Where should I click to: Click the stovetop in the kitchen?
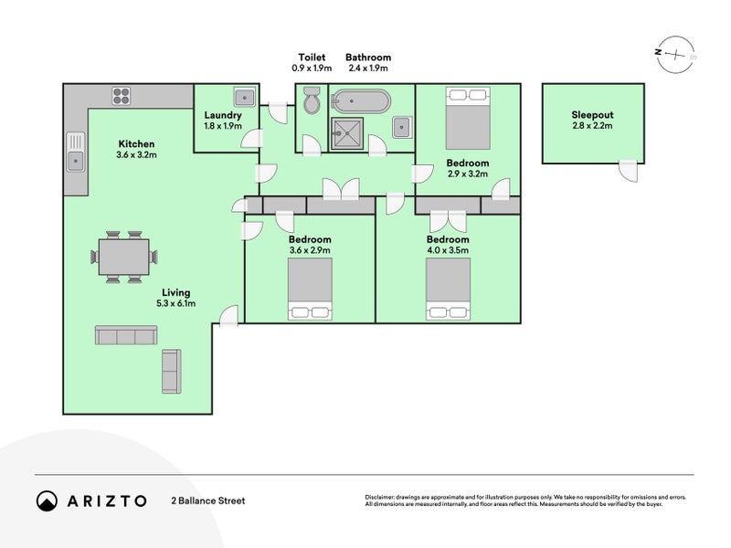click(x=122, y=96)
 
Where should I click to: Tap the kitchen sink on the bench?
click(x=76, y=152)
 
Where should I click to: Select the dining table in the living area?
click(x=124, y=257)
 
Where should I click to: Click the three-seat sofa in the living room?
click(x=126, y=335)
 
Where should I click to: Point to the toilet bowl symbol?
click(x=312, y=100)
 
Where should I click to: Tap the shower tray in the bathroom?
click(x=347, y=133)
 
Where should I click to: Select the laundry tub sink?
click(x=244, y=97)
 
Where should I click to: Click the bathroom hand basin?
click(x=402, y=127)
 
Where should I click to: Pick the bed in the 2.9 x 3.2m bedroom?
click(x=468, y=118)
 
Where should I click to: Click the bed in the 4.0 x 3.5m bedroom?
click(x=448, y=289)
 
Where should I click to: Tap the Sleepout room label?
click(x=592, y=115)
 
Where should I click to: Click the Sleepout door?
click(x=628, y=171)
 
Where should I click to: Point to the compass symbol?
click(x=675, y=55)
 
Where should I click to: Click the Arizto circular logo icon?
click(x=48, y=501)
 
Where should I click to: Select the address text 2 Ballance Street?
click(x=208, y=501)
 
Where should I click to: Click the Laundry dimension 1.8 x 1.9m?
click(x=223, y=126)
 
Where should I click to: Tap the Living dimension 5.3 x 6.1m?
click(x=176, y=303)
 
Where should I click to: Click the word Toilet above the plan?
click(x=312, y=58)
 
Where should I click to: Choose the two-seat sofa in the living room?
click(x=172, y=372)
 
